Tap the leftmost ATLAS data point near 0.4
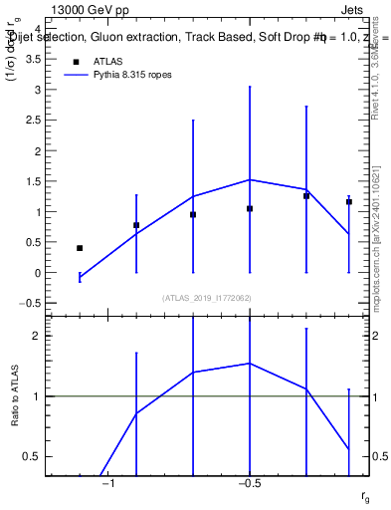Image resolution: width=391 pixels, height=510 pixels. [80, 248]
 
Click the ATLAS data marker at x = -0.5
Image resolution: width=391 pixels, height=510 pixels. [250, 208]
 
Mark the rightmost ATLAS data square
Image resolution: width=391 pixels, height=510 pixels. [349, 201]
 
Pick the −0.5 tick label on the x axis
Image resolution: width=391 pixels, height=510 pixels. [249, 483]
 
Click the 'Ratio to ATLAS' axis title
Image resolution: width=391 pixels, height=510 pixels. [15, 396]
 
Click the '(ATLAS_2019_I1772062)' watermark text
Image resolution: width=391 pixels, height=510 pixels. [207, 298]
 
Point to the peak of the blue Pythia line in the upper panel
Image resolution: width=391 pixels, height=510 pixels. [250, 179]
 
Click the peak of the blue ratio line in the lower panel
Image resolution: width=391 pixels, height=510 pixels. [250, 364]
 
